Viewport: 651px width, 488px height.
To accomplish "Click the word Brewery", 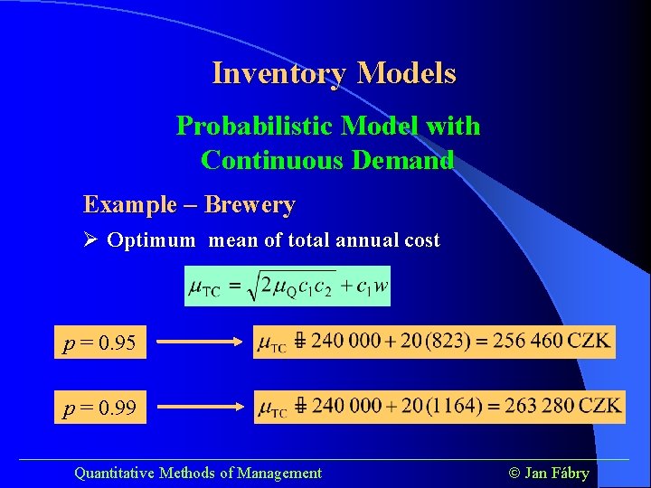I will click(250, 204).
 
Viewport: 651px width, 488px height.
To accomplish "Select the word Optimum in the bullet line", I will click(150, 240).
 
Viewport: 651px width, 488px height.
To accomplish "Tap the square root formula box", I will click(288, 286).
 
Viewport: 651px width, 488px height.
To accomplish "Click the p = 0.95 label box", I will click(99, 343).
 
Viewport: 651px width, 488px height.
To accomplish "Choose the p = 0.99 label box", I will click(99, 408).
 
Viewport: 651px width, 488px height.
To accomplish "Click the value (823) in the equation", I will click(445, 342).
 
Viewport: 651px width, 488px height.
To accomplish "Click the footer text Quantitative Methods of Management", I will click(197, 473).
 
